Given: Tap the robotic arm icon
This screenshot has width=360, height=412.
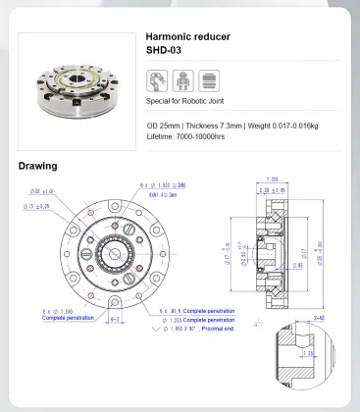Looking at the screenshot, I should pyautogui.click(x=157, y=80).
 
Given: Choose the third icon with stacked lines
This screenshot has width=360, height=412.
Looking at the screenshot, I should pyautogui.click(x=208, y=80).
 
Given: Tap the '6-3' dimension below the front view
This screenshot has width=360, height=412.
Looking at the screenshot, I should pyautogui.click(x=116, y=319).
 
